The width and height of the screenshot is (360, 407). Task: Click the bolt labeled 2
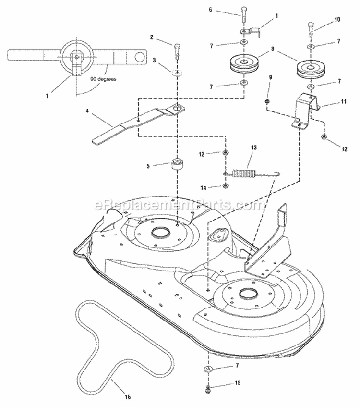pyautogui.click(x=178, y=50)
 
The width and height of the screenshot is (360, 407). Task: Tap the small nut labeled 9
pyautogui.click(x=265, y=102)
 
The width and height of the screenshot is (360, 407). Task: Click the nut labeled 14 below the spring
pyautogui.click(x=226, y=186)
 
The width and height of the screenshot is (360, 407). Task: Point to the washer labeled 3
pyautogui.click(x=178, y=73)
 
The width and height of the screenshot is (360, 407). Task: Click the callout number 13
pyautogui.click(x=254, y=148)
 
